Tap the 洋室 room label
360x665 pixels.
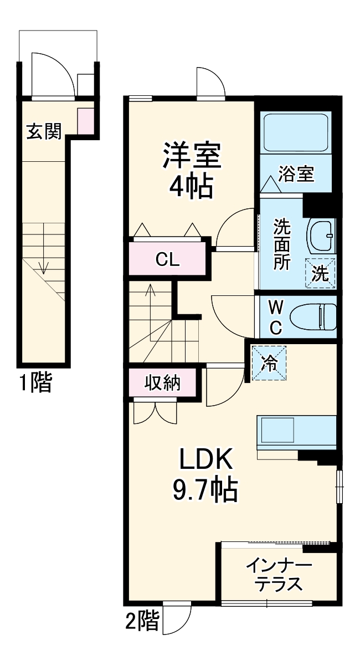(192, 157)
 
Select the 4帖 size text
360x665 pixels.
(191, 188)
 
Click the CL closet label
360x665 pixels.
(167, 259)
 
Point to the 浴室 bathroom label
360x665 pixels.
(296, 174)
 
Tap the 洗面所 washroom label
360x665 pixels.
(282, 244)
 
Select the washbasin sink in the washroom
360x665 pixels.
(322, 236)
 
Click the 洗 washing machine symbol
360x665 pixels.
(320, 274)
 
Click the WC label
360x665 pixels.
(275, 317)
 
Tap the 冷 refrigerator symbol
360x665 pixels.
(269, 363)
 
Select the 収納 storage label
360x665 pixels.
(163, 383)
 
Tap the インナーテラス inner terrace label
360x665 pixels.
(279, 575)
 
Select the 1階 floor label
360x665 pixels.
(36, 382)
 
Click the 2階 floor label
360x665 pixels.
(142, 621)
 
